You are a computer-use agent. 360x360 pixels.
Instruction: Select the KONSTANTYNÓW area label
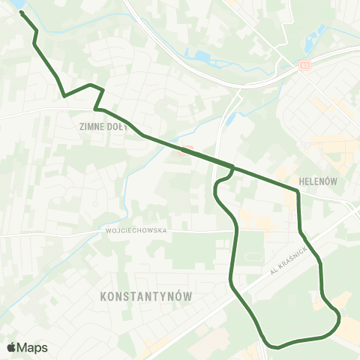click(145, 297)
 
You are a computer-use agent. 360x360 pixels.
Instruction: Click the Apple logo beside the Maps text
click(12, 347)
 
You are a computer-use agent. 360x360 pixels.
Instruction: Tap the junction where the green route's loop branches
click(233, 167)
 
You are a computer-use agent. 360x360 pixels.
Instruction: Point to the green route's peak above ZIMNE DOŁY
click(91, 85)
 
